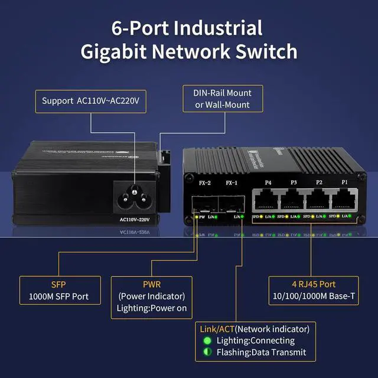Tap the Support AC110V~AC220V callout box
click(90, 101)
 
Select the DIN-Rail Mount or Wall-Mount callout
click(222, 99)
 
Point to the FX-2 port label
click(205, 183)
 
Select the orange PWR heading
click(151, 284)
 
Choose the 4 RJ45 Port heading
click(314, 284)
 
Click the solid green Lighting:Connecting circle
click(207, 341)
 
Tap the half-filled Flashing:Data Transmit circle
click(207, 353)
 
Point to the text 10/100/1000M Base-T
click(314, 295)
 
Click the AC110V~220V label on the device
click(135, 220)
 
